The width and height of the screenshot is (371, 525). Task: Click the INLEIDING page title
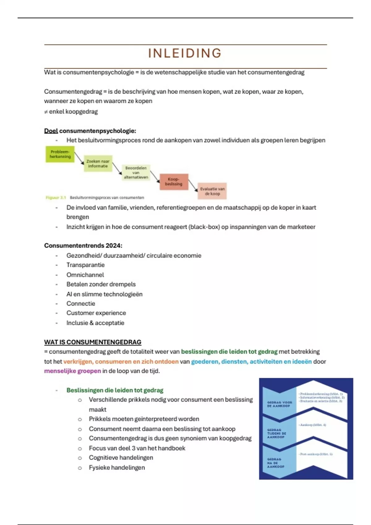(x=185, y=53)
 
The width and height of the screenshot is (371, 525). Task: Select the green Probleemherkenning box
(x=60, y=154)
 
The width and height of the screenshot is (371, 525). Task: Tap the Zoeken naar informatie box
(x=98, y=164)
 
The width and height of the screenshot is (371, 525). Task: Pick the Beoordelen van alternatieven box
(x=136, y=173)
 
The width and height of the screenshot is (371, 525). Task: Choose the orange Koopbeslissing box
(x=174, y=182)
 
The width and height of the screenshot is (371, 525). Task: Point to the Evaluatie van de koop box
(x=212, y=191)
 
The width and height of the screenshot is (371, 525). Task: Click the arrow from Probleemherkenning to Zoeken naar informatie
(x=79, y=158)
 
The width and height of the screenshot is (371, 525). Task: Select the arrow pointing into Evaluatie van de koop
(x=193, y=186)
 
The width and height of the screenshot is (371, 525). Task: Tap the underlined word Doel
(x=51, y=131)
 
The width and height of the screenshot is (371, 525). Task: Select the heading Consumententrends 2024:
(x=83, y=246)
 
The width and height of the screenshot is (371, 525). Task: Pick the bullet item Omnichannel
(x=85, y=275)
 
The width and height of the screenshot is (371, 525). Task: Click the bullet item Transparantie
(x=85, y=265)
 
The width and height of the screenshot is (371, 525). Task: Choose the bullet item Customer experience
(x=96, y=313)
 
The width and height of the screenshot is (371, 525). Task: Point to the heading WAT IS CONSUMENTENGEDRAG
(x=93, y=342)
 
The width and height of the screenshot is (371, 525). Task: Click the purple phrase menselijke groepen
(x=72, y=371)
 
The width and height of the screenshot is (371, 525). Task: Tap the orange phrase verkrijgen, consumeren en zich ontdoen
(x=121, y=362)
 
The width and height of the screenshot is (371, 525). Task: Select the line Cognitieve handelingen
(x=121, y=458)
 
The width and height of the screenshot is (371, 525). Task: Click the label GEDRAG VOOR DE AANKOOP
(x=279, y=404)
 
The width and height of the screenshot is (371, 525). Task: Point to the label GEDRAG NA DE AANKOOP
(x=275, y=463)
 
